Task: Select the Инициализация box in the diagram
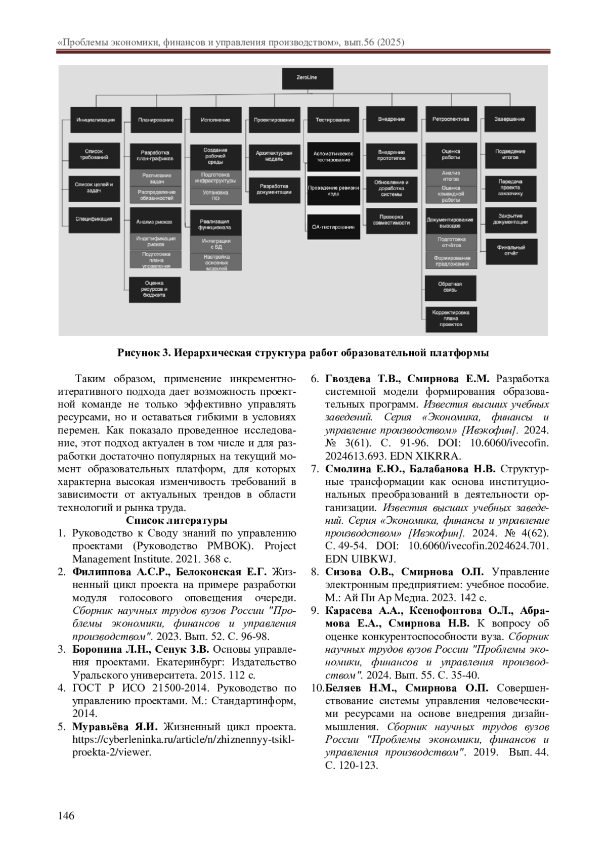[x=96, y=120]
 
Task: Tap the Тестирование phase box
[x=332, y=120]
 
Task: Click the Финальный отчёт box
[x=510, y=250]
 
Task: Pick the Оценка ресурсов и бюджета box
[x=154, y=289]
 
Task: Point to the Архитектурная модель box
[x=274, y=156]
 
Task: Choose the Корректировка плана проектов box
[x=451, y=319]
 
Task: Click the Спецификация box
[x=94, y=219]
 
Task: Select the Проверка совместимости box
[x=392, y=220]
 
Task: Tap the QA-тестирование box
[x=333, y=227]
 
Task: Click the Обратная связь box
[x=450, y=287]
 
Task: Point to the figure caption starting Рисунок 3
[x=303, y=352]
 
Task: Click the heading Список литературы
[x=177, y=520]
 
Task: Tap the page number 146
[x=66, y=816]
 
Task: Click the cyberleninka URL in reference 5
[x=183, y=740]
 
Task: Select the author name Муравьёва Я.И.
[x=115, y=727]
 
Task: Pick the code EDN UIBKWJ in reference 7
[x=361, y=559]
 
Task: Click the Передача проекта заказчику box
[x=510, y=187]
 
